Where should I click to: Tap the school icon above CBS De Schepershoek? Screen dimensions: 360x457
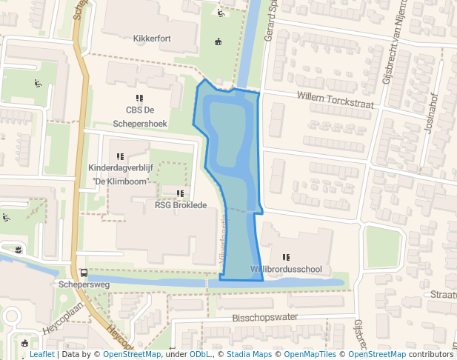click(139, 98)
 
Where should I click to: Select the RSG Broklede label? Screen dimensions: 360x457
click(181, 205)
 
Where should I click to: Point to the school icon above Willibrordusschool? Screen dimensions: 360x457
click(286, 256)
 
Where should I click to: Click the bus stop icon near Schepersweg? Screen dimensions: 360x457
click(83, 273)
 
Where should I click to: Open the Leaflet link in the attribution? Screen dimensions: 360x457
click(41, 355)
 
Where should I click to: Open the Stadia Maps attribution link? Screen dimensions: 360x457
click(249, 355)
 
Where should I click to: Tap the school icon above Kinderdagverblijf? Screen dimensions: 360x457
click(120, 156)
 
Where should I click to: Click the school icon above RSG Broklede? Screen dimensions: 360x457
click(180, 193)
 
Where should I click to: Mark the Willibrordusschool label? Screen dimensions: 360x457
click(286, 269)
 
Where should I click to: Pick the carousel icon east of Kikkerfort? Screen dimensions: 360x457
click(218, 42)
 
